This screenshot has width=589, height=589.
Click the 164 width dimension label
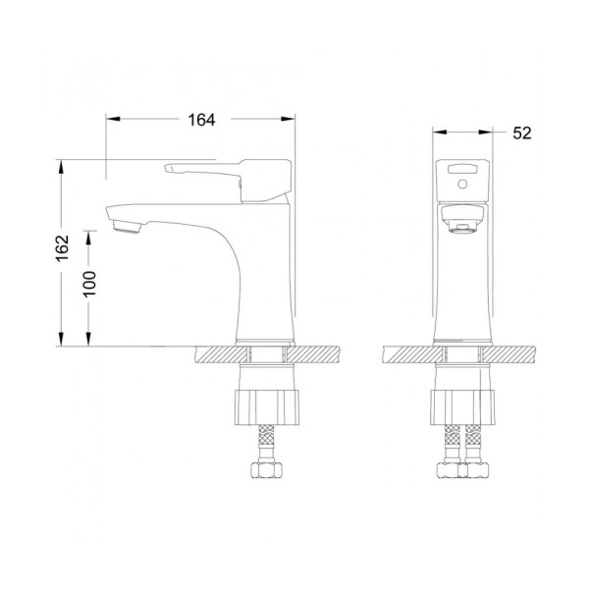pos(200,119)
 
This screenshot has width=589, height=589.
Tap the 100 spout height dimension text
pos(90,285)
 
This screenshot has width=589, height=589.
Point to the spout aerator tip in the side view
pos(125,229)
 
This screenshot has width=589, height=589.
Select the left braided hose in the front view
pos(448,441)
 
